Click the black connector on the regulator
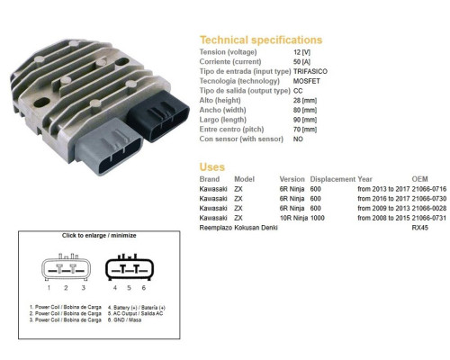pos(158,115)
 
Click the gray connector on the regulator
pos(108,147)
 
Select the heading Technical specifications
pos(261,40)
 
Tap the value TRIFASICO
pos(310,71)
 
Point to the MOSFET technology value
pos(307,81)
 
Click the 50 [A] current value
pos(301,62)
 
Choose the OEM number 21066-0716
pos(429,189)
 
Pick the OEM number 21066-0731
pos(429,218)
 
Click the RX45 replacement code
pos(419,228)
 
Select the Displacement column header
pos(333,179)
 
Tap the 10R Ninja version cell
pos(293,218)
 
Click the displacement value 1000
pos(318,218)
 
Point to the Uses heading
pos(212,166)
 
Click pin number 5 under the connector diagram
pos(129,288)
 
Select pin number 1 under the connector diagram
pos(49,288)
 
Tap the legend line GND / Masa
pos(124,320)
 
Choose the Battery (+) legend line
pos(137,308)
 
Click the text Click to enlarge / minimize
pos(99,236)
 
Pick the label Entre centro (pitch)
pos(231,130)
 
